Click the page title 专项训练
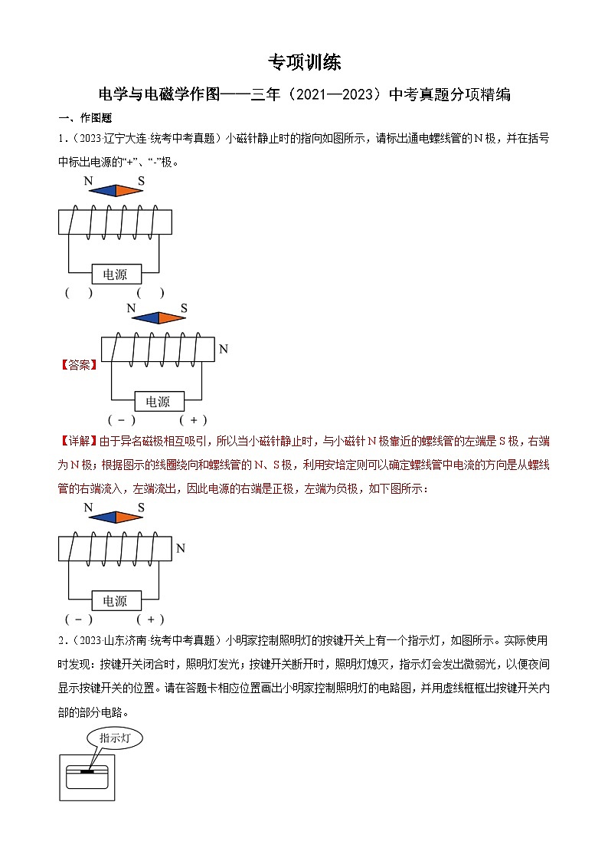pos(304,62)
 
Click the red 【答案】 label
pos(79,366)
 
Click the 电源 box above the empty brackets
pos(115,274)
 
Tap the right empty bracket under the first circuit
pos(150,292)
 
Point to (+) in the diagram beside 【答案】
pos(193,419)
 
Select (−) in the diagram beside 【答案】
pos(122,419)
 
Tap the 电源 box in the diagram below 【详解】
pos(115,600)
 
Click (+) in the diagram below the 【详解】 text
pos(150,619)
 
